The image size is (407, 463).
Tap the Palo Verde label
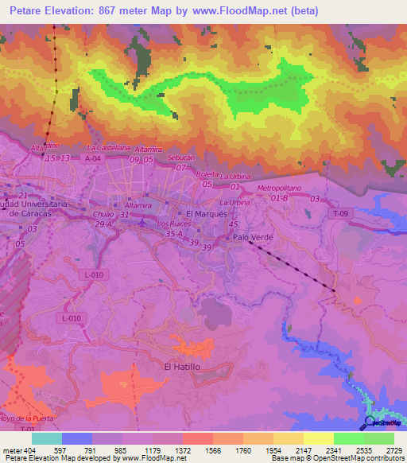tap(252, 237)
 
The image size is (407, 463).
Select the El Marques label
tap(206, 214)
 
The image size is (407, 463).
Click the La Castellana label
tap(107, 148)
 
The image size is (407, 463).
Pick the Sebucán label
tap(181, 158)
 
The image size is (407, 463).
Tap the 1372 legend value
tap(183, 449)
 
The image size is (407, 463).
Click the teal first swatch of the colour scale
tap(47, 438)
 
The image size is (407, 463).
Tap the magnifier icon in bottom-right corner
tap(370, 422)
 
